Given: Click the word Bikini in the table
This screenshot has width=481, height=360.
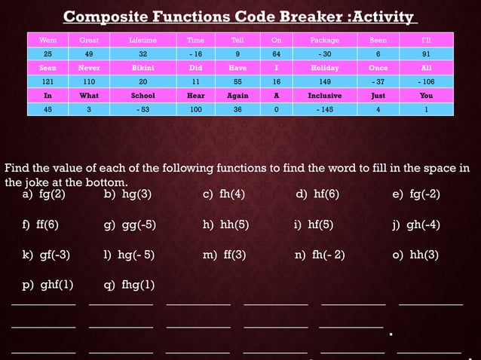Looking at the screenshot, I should (x=142, y=68).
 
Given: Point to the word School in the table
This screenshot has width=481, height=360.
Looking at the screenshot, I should (x=142, y=96).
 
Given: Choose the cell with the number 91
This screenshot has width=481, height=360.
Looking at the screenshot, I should (x=427, y=53).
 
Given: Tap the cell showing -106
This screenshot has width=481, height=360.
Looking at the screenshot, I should (x=427, y=81).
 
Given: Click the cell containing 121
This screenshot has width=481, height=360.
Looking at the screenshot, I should (x=47, y=81).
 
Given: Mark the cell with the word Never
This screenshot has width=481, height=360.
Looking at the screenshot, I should (x=89, y=68).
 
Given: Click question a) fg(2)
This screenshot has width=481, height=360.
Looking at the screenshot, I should (x=44, y=194).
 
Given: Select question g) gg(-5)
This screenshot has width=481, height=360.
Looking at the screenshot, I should (x=130, y=224).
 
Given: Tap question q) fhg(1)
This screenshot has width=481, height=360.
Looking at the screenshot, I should (x=129, y=285).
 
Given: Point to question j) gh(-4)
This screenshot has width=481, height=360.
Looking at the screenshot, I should (x=415, y=224).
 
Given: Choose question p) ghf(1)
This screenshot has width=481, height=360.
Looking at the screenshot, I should (x=47, y=285).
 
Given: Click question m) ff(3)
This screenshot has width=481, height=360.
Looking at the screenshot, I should (x=225, y=255).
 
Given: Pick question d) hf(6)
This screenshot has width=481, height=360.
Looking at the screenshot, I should (x=317, y=194).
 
